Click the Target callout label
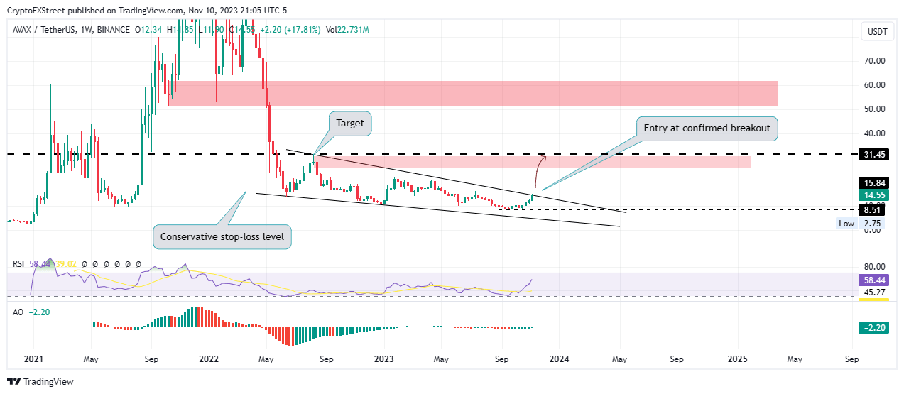click(350, 123)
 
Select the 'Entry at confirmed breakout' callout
click(708, 128)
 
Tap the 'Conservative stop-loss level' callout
click(222, 236)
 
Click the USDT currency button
click(877, 31)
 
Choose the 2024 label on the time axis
click(559, 359)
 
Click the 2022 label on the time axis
click(207, 359)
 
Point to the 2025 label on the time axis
click(738, 359)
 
